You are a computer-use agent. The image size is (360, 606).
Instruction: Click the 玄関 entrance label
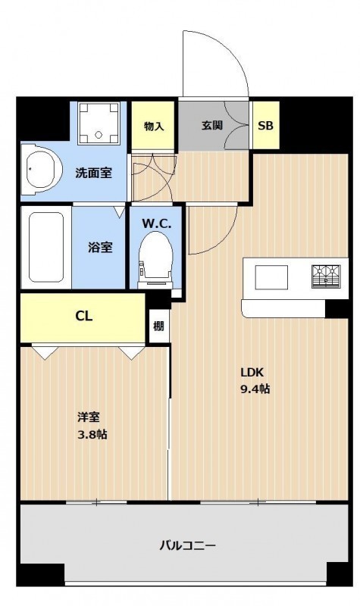tap(212, 125)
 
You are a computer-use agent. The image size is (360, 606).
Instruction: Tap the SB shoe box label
tap(265, 126)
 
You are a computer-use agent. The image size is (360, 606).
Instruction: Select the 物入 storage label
tap(154, 126)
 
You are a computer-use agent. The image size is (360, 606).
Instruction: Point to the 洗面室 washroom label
tap(93, 173)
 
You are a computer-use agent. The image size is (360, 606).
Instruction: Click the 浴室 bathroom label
tap(100, 248)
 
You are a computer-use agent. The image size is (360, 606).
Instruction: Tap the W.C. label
tap(156, 223)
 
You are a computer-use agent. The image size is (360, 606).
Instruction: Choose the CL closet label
tap(84, 317)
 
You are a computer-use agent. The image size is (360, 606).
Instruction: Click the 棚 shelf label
tap(158, 326)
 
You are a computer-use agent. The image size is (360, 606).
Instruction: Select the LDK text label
tap(252, 373)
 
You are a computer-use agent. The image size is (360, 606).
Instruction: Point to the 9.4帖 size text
tap(255, 389)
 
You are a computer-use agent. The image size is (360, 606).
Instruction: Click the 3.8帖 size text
tap(92, 435)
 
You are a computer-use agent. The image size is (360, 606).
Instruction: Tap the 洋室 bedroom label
tap(89, 417)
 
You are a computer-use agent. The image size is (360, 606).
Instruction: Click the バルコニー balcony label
tap(187, 545)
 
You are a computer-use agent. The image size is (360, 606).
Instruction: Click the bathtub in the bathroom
tap(46, 248)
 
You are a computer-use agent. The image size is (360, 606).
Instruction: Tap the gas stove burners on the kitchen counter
tap(326, 276)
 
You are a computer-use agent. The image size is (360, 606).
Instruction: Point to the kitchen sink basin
tap(271, 277)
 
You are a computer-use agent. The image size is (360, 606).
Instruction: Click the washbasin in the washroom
tap(42, 170)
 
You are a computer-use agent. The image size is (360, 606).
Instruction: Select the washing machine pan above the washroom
tap(98, 123)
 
